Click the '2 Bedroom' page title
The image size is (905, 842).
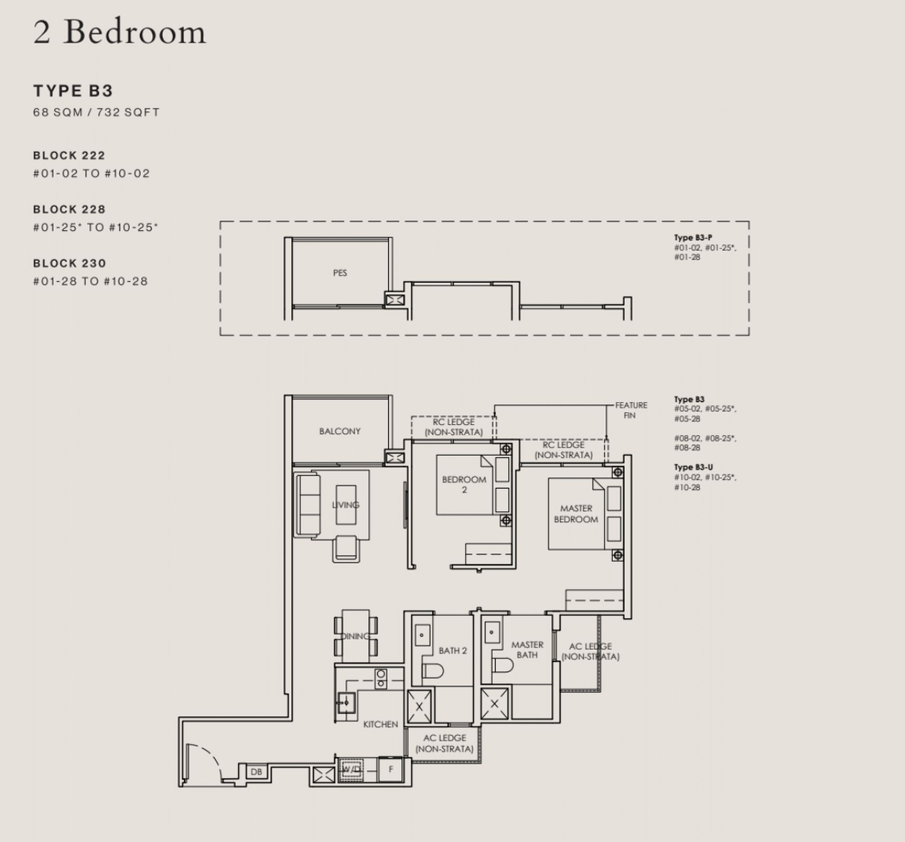[119, 33]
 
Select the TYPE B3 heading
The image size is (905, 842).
[73, 91]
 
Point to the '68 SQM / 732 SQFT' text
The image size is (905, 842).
[96, 112]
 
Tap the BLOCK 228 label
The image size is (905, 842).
[69, 209]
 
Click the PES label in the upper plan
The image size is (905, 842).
[340, 273]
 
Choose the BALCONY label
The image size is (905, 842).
[340, 431]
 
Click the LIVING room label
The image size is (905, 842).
[346, 505]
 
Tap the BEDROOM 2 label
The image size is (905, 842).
[464, 484]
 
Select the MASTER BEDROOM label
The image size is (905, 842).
[576, 514]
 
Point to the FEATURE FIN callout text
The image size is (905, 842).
[630, 410]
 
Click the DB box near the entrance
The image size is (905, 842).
[256, 772]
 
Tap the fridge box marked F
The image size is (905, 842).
[391, 769]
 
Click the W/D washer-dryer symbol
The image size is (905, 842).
[351, 770]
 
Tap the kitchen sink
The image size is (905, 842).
[346, 702]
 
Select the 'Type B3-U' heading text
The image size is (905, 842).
[693, 467]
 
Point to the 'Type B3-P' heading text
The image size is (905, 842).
[693, 238]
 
